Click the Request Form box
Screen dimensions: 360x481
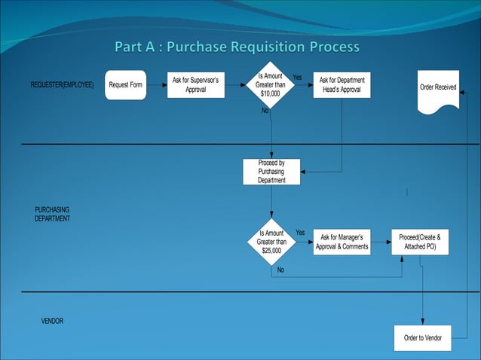tap(125, 85)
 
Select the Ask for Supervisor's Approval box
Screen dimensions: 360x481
tap(195, 84)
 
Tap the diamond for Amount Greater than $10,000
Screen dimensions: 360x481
tap(271, 85)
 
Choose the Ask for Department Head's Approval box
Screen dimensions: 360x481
tap(342, 85)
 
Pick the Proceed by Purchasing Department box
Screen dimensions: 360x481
tap(271, 172)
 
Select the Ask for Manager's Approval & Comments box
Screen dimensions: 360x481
tap(342, 242)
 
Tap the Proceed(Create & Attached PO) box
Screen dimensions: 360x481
tap(420, 242)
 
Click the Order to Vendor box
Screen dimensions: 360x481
tap(422, 337)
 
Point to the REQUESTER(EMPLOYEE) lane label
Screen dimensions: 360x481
tap(62, 85)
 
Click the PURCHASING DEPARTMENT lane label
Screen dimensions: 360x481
tap(52, 213)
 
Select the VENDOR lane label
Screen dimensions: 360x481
tap(52, 321)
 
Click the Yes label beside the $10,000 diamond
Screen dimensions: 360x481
tap(297, 77)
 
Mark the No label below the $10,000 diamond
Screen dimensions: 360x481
tap(265, 111)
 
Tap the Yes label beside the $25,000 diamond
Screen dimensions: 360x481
tap(299, 233)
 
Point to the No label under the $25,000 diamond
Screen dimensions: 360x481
tap(280, 270)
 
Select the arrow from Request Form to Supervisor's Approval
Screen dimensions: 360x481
tap(156, 85)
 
